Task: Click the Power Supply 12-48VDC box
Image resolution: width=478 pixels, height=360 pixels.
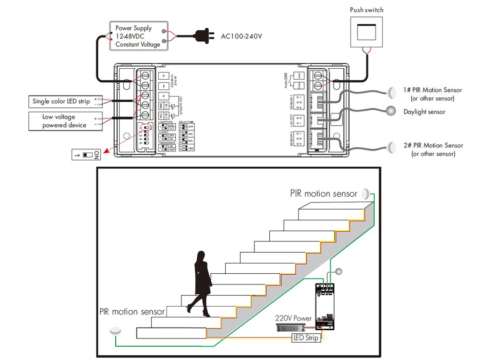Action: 139,35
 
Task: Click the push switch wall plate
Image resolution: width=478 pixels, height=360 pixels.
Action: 366,32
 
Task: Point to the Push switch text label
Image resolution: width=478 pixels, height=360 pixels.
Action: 366,10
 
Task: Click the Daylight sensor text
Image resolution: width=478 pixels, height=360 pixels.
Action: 424,111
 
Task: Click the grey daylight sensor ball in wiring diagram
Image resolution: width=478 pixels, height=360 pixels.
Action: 391,110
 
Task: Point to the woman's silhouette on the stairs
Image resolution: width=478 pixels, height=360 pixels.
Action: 201,280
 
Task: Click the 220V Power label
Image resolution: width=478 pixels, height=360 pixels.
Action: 293,318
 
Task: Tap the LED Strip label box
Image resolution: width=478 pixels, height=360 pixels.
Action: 306,337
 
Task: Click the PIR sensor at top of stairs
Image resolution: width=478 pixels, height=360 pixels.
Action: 365,194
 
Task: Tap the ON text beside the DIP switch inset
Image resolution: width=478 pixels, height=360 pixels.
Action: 97,154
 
